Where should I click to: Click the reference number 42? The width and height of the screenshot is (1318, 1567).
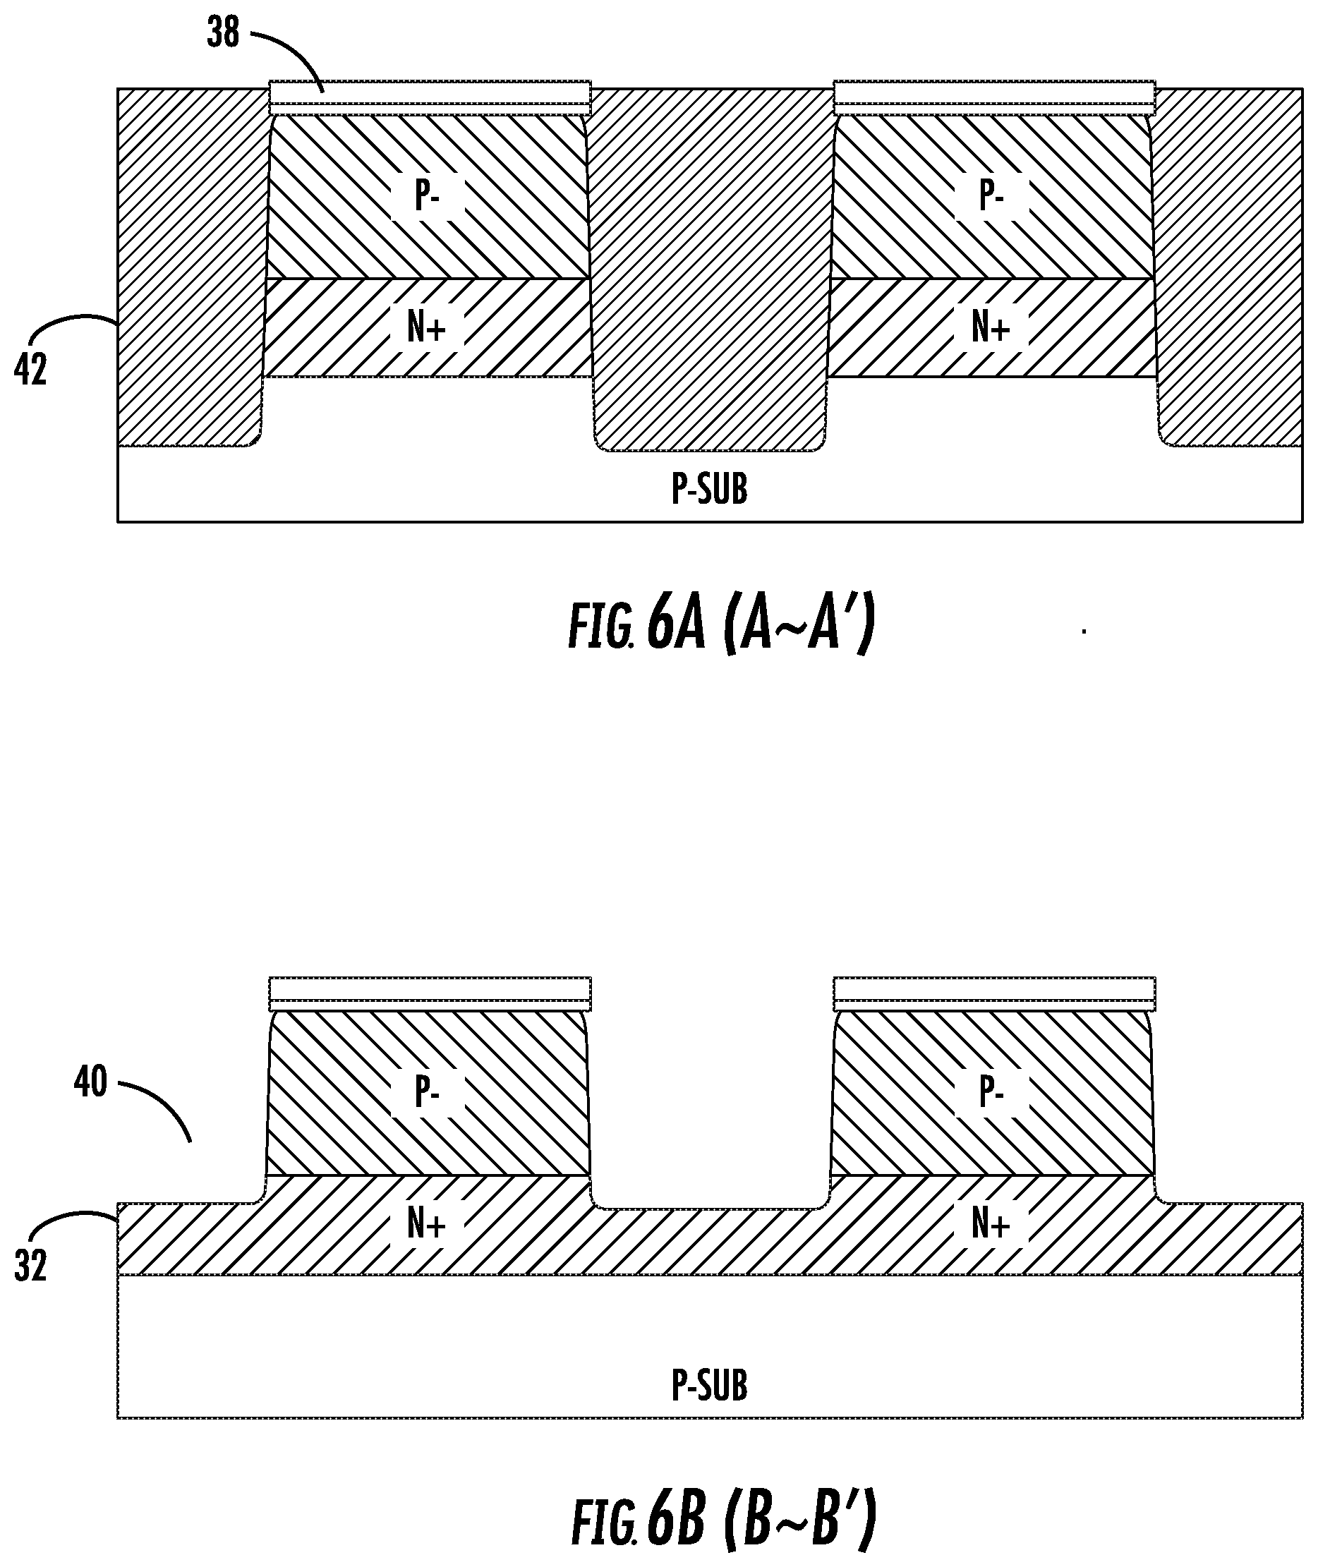click(x=30, y=370)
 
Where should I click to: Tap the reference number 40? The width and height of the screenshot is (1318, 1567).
click(x=90, y=1082)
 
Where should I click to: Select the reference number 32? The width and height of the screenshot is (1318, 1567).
click(x=30, y=1266)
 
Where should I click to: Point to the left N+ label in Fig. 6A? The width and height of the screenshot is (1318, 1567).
click(x=426, y=327)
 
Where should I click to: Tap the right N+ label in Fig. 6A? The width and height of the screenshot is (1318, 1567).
click(x=991, y=327)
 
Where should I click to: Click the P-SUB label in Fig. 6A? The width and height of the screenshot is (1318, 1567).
click(x=709, y=490)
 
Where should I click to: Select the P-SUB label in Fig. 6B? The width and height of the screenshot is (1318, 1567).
click(x=709, y=1386)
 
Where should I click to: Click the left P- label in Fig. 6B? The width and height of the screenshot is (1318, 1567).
click(x=427, y=1094)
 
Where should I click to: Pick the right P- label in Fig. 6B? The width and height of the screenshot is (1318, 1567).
click(x=991, y=1094)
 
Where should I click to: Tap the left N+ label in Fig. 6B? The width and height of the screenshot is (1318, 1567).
click(x=426, y=1223)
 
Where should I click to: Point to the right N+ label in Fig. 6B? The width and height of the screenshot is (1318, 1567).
click(x=991, y=1223)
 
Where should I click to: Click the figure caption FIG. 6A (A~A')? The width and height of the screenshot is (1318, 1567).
click(x=721, y=627)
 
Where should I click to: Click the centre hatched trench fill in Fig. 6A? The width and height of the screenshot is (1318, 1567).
click(x=710, y=269)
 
